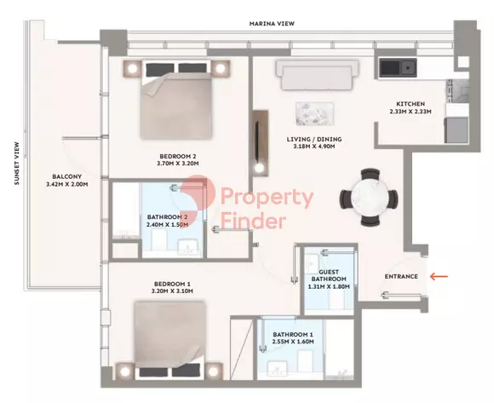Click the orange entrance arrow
click(x=439, y=277)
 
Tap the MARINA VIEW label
click(x=272, y=24)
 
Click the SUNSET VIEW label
click(x=17, y=164)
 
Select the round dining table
click(x=370, y=198)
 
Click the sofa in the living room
click(x=317, y=75)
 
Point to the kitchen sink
click(x=398, y=68)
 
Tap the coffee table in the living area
click(x=315, y=113)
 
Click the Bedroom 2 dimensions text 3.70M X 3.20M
click(x=179, y=164)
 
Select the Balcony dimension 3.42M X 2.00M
click(x=67, y=184)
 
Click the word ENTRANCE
click(x=401, y=276)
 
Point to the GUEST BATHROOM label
click(x=329, y=275)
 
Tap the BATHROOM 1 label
click(x=293, y=334)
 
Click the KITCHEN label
click(x=411, y=104)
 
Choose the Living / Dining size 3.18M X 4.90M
click(x=314, y=147)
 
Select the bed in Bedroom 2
click(x=175, y=100)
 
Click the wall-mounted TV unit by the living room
click(x=261, y=143)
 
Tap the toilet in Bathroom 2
click(x=158, y=240)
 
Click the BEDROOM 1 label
click(x=172, y=284)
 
